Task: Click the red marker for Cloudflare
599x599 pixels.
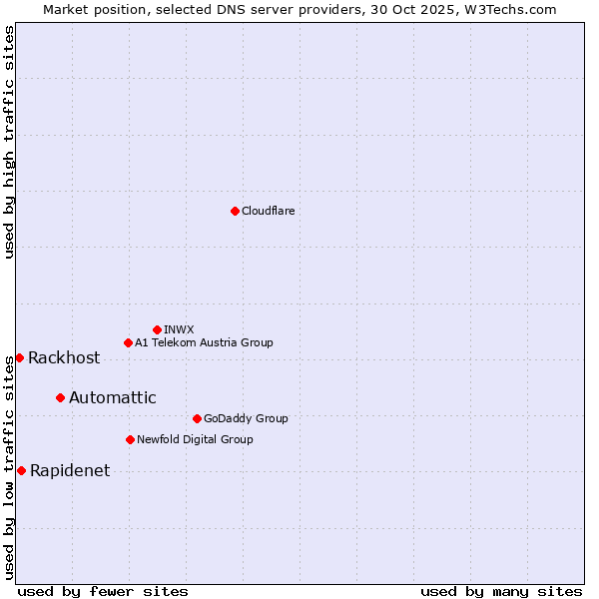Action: (235, 211)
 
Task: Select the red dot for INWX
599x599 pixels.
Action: (157, 329)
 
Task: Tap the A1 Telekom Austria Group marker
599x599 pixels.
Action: (128, 342)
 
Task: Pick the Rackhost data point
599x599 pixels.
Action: (19, 357)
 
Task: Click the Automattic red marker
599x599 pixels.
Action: (60, 397)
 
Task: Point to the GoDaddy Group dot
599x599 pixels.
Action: (197, 418)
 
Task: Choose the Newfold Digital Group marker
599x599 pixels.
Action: (130, 439)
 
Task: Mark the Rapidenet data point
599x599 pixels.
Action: (21, 470)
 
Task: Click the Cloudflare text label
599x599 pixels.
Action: (268, 211)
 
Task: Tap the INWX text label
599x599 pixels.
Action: (179, 329)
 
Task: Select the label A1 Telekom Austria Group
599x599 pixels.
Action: (204, 342)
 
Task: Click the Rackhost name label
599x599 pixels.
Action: (64, 358)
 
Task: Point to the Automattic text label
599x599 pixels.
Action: (112, 397)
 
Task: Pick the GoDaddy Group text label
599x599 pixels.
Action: (246, 418)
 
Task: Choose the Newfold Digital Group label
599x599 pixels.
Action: (195, 439)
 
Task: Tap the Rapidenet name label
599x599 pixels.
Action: (70, 471)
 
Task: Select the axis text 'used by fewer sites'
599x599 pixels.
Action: (103, 591)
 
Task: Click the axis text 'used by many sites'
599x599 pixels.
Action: (501, 591)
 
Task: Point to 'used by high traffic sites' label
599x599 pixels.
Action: (9, 142)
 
